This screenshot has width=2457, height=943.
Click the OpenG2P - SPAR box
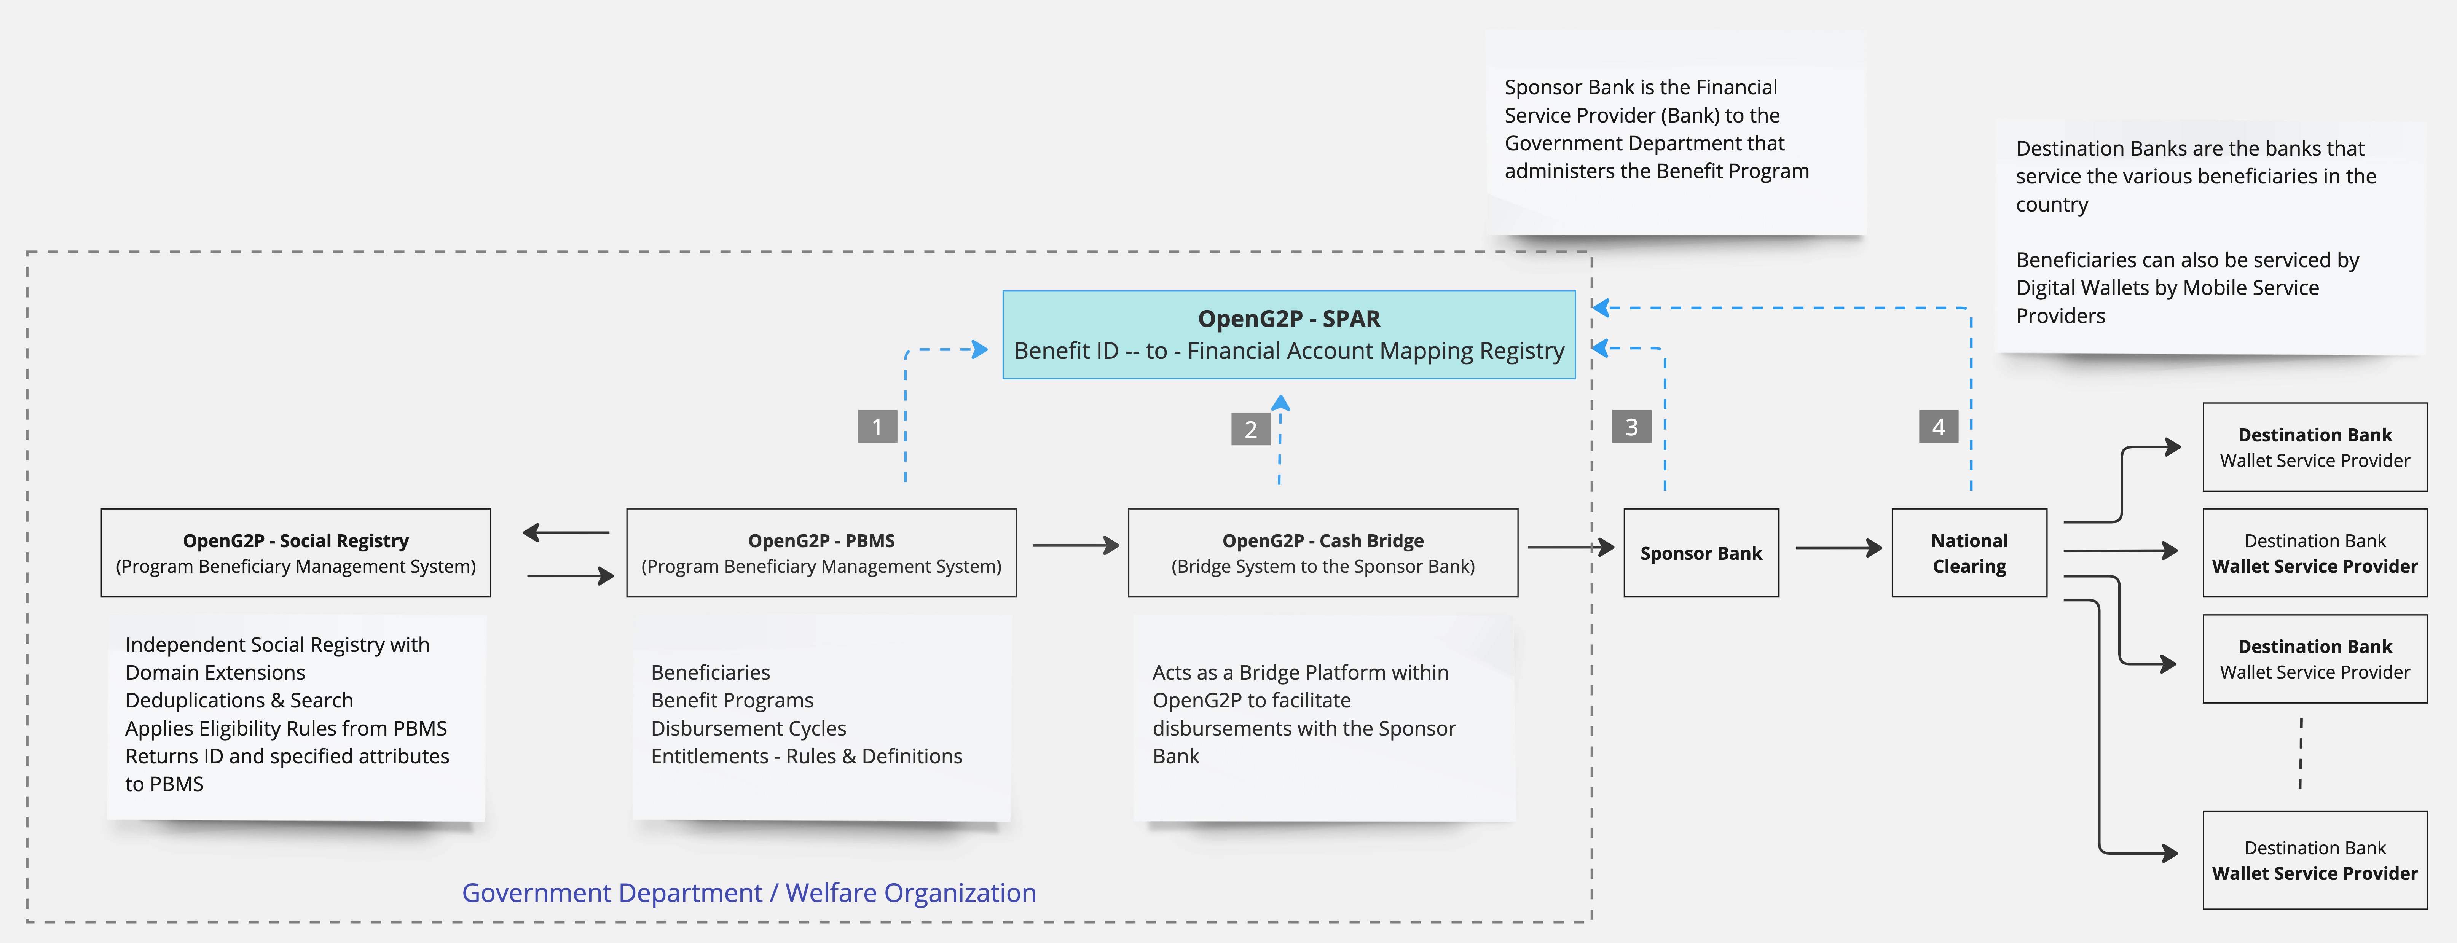pyautogui.click(x=1288, y=335)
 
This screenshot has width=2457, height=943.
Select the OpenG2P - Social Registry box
pyautogui.click(x=296, y=553)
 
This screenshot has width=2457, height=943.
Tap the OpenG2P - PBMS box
pyautogui.click(x=821, y=553)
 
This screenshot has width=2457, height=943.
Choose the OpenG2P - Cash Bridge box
pyautogui.click(x=1323, y=553)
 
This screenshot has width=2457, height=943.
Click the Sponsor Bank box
pyautogui.click(x=1701, y=553)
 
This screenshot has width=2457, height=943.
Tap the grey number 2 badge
pyautogui.click(x=1250, y=429)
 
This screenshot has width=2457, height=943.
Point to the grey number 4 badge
pyautogui.click(x=1938, y=426)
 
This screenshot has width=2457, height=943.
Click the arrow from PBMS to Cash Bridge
pyautogui.click(x=1076, y=545)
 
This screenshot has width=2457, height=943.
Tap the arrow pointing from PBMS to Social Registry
pyautogui.click(x=566, y=532)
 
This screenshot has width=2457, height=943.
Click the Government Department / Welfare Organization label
pyautogui.click(x=749, y=892)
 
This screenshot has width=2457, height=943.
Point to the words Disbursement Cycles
pyautogui.click(x=749, y=728)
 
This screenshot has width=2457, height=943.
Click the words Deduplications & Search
pyautogui.click(x=239, y=701)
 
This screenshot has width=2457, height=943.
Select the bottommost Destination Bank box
pyautogui.click(x=2315, y=860)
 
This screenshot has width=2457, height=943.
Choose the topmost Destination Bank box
pyautogui.click(x=2315, y=447)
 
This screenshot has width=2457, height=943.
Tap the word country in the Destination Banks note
pyautogui.click(x=2052, y=205)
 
